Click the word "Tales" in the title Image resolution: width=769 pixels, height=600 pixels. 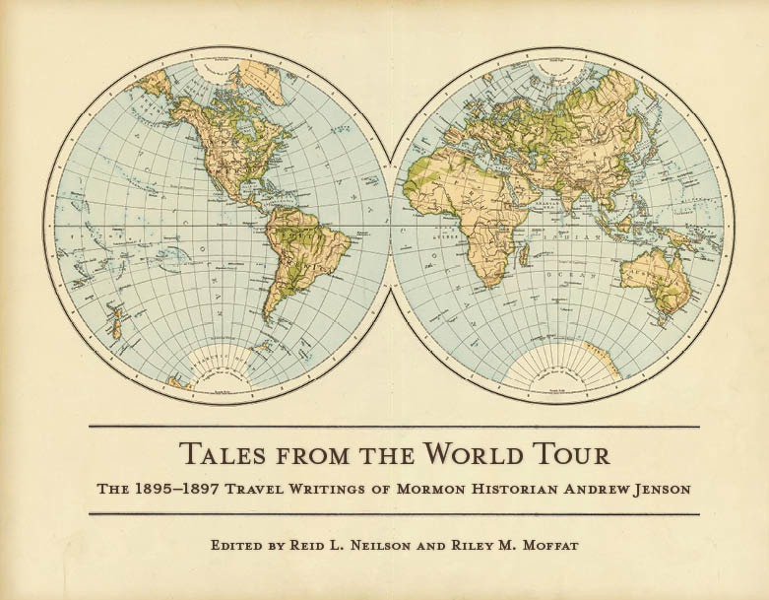220,455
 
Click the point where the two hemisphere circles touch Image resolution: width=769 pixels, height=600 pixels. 391,225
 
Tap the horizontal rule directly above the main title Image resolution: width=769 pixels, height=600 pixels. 394,427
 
